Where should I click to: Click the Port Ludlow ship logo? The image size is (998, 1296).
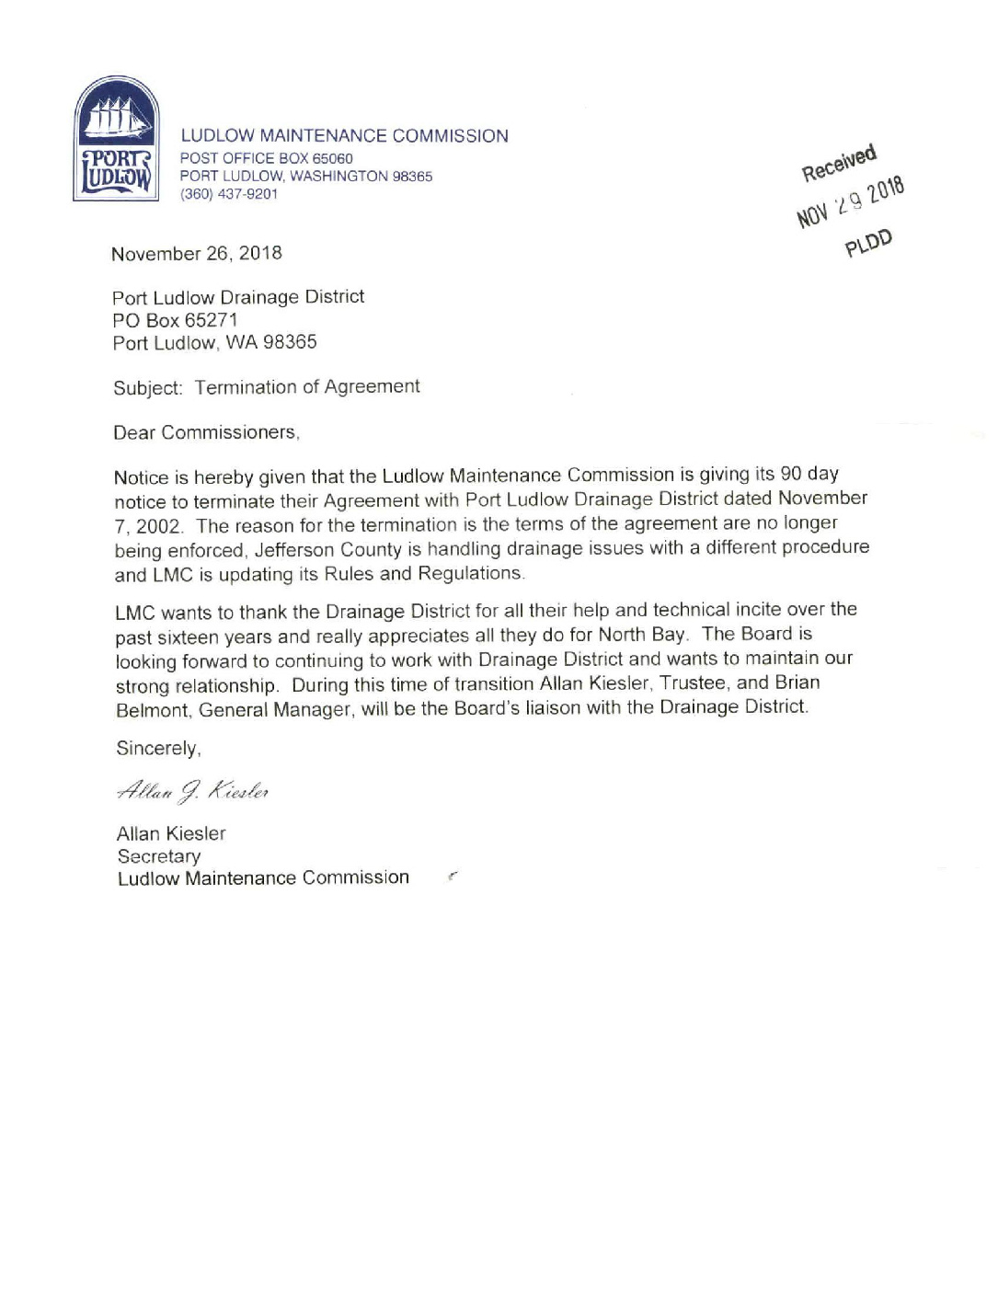point(117,139)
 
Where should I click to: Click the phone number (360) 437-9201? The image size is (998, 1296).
point(229,194)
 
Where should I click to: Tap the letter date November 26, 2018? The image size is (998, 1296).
point(197,254)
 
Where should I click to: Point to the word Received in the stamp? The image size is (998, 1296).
point(839,163)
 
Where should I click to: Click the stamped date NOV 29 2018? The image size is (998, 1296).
point(851,201)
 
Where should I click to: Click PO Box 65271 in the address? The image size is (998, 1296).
point(175,320)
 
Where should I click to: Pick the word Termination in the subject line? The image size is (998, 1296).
point(246,387)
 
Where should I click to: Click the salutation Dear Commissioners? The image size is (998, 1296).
point(206,432)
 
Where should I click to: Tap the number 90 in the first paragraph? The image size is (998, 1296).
point(791,474)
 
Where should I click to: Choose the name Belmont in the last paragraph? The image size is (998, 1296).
point(154,710)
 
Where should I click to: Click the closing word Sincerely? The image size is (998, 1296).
point(158,749)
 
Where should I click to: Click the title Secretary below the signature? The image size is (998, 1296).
point(159,856)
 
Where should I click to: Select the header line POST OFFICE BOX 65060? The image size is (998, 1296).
point(267,158)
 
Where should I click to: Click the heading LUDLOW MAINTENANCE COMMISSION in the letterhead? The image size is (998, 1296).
point(344,136)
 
